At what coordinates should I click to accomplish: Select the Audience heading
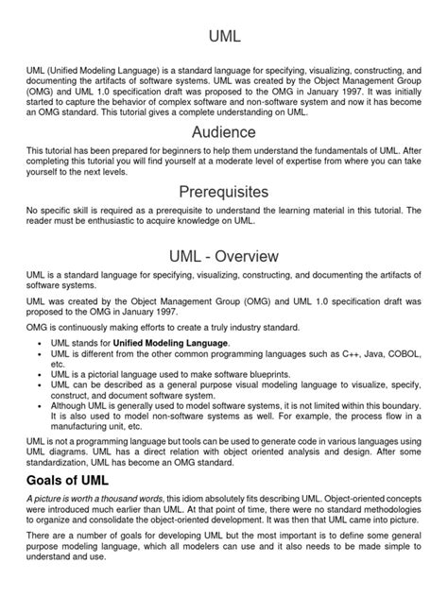224,131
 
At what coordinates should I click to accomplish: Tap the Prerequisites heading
224,193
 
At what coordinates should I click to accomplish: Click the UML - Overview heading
224,256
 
